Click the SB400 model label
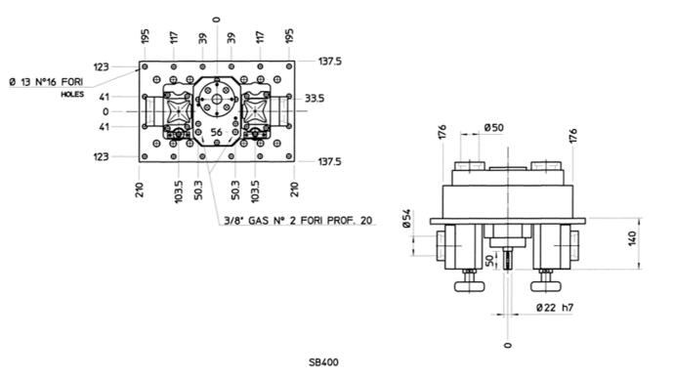click(x=323, y=362)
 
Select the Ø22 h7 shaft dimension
click(x=555, y=308)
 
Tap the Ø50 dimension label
click(x=494, y=128)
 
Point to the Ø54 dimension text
click(x=406, y=219)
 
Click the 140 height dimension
click(x=632, y=238)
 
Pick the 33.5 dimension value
click(x=315, y=99)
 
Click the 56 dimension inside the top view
click(x=216, y=132)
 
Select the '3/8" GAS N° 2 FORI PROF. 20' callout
click(x=298, y=221)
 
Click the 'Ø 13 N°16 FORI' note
click(x=46, y=82)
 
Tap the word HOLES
click(x=72, y=94)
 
